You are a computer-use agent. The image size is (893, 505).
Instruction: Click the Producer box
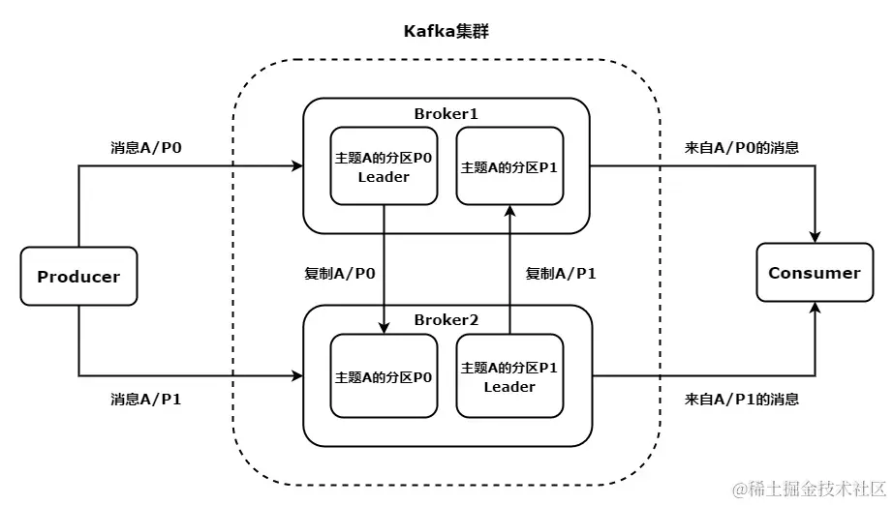78,277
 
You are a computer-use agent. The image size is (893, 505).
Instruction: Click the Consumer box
814,273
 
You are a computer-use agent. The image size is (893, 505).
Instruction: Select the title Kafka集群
446,31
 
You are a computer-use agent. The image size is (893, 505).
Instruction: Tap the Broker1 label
446,113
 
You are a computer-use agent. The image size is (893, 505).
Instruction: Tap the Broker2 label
446,319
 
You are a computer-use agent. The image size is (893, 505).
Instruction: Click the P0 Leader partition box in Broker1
384,166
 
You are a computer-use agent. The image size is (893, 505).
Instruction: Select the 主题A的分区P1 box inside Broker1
509,166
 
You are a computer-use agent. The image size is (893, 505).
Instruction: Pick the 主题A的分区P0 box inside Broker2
384,375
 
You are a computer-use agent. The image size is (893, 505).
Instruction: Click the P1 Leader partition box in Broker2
509,375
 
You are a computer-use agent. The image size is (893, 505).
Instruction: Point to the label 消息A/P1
146,399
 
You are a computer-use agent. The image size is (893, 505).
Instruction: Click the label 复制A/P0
340,274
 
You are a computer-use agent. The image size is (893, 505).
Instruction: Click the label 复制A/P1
561,274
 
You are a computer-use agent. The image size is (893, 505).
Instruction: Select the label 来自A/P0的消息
742,148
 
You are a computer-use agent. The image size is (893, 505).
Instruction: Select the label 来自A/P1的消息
742,399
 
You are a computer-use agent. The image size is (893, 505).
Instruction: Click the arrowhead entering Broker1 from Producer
297,166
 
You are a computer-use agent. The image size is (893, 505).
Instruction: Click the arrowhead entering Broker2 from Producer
297,374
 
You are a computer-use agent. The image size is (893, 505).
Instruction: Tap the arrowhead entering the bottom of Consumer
815,308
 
